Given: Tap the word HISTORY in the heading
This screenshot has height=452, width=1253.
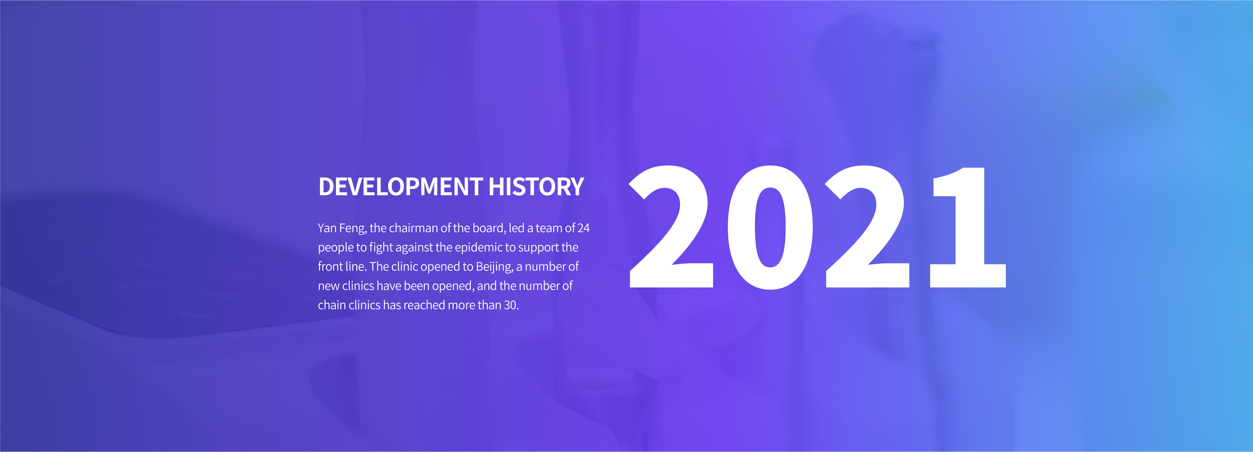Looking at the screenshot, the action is pyautogui.click(x=536, y=187).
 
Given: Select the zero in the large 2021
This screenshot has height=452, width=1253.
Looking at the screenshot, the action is pyautogui.click(x=770, y=227).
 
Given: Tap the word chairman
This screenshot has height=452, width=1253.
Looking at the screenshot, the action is pyautogui.click(x=413, y=228).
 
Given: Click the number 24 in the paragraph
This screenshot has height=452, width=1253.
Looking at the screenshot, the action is pyautogui.click(x=584, y=228).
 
